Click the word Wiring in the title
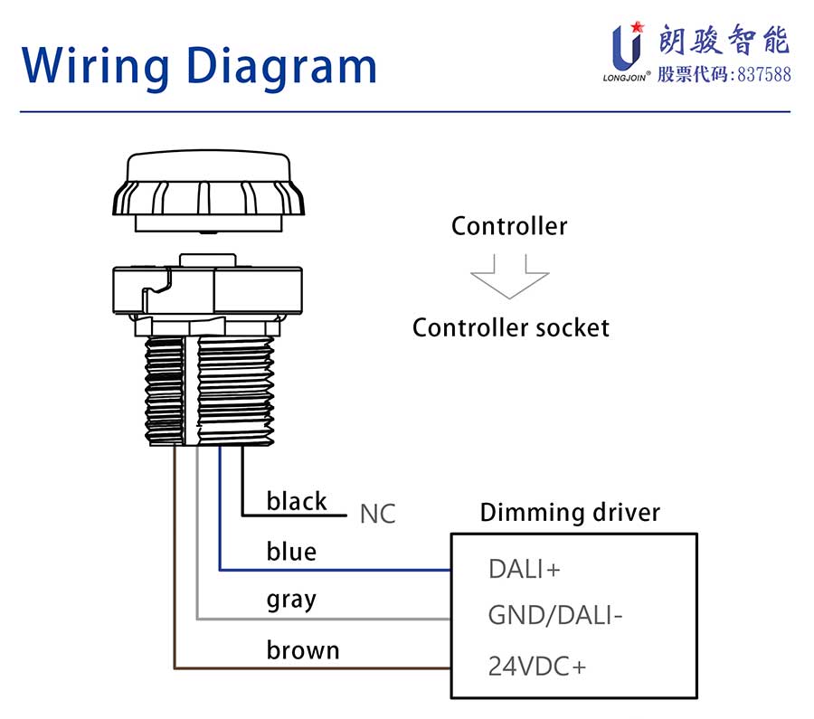coord(96,65)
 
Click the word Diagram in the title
coord(281,65)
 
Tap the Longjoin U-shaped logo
coord(627,46)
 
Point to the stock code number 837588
coord(764,75)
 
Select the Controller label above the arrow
coord(509,226)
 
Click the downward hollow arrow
coord(510,276)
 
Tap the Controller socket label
coord(511,328)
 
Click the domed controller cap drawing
coord(208,191)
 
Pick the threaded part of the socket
coord(209,391)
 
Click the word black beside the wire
coord(297,501)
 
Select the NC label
coord(378,514)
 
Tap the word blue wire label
coord(291,552)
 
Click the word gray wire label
coord(291,601)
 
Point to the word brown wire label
coord(303,650)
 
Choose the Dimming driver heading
coord(570,513)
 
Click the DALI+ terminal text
coord(525,569)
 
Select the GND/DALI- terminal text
coord(555,616)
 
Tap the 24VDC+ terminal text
coord(537,667)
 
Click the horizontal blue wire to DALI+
coord(335,570)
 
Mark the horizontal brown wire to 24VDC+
coord(312,668)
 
